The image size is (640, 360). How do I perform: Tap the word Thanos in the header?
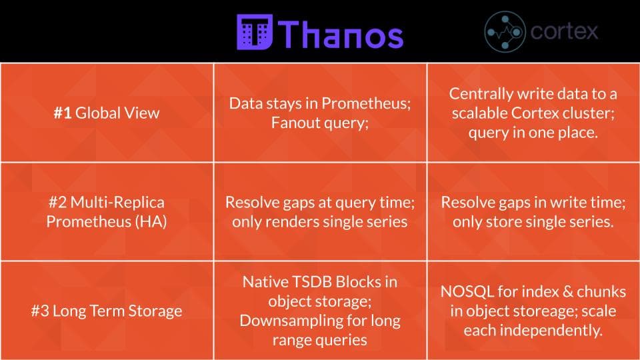pyautogui.click(x=341, y=33)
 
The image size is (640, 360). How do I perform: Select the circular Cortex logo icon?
pyautogui.click(x=505, y=32)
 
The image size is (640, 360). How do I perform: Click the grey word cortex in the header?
pyautogui.click(x=564, y=31)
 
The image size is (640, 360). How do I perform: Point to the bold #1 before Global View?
pyautogui.click(x=63, y=113)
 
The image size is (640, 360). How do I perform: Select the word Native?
pyautogui.click(x=263, y=281)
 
